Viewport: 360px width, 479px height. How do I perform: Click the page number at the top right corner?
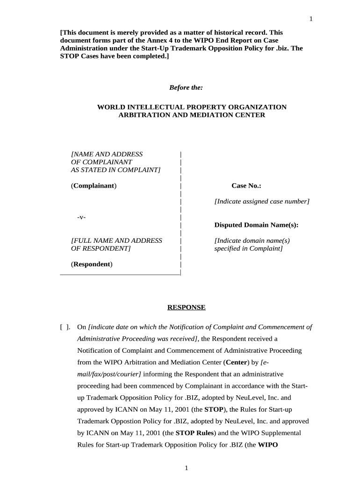[310, 19]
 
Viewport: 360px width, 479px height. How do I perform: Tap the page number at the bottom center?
[186, 468]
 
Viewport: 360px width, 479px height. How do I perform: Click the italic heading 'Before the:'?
[186, 87]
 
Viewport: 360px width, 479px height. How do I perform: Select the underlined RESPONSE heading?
[187, 307]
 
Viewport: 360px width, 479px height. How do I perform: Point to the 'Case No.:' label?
[246, 186]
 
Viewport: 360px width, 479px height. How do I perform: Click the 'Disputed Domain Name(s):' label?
[256, 225]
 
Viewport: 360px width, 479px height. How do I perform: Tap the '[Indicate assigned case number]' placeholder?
[262, 201]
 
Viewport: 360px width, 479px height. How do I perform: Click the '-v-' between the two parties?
[81, 218]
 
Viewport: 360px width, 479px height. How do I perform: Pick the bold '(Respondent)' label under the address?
[92, 264]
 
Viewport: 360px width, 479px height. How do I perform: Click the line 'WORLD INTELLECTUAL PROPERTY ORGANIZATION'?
[192, 107]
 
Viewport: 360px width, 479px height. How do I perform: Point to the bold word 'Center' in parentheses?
[236, 362]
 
